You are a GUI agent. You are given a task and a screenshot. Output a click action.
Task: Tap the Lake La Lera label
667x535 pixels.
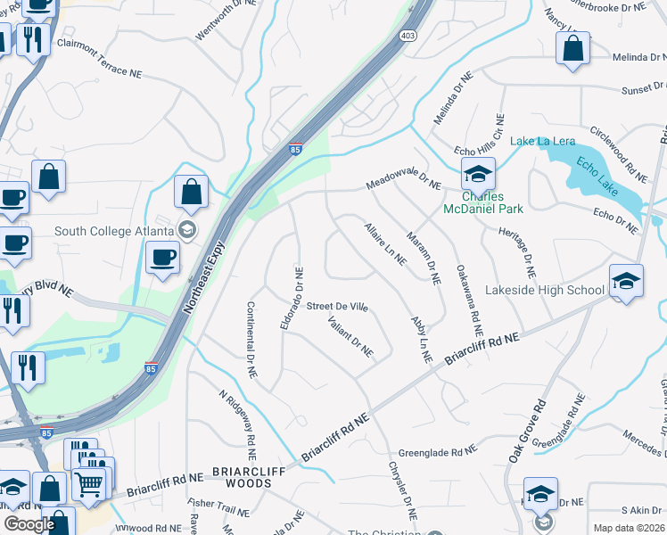pos(541,142)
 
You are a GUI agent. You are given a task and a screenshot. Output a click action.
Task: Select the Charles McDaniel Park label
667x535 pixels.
pos(483,202)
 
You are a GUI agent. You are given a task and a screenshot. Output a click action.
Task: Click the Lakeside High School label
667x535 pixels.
pos(544,290)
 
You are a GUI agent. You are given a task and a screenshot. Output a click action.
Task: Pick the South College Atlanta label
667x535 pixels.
pos(113,230)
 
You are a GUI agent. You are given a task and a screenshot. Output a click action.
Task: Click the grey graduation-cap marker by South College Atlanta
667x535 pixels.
pos(186,230)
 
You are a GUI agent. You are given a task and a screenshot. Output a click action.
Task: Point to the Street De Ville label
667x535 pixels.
pos(337,306)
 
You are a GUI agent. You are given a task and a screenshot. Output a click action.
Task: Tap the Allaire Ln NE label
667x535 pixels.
pos(385,244)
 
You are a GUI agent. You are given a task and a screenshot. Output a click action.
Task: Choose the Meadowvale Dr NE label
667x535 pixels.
pos(403,185)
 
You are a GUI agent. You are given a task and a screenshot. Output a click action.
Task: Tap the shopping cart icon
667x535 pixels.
pos(89,483)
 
